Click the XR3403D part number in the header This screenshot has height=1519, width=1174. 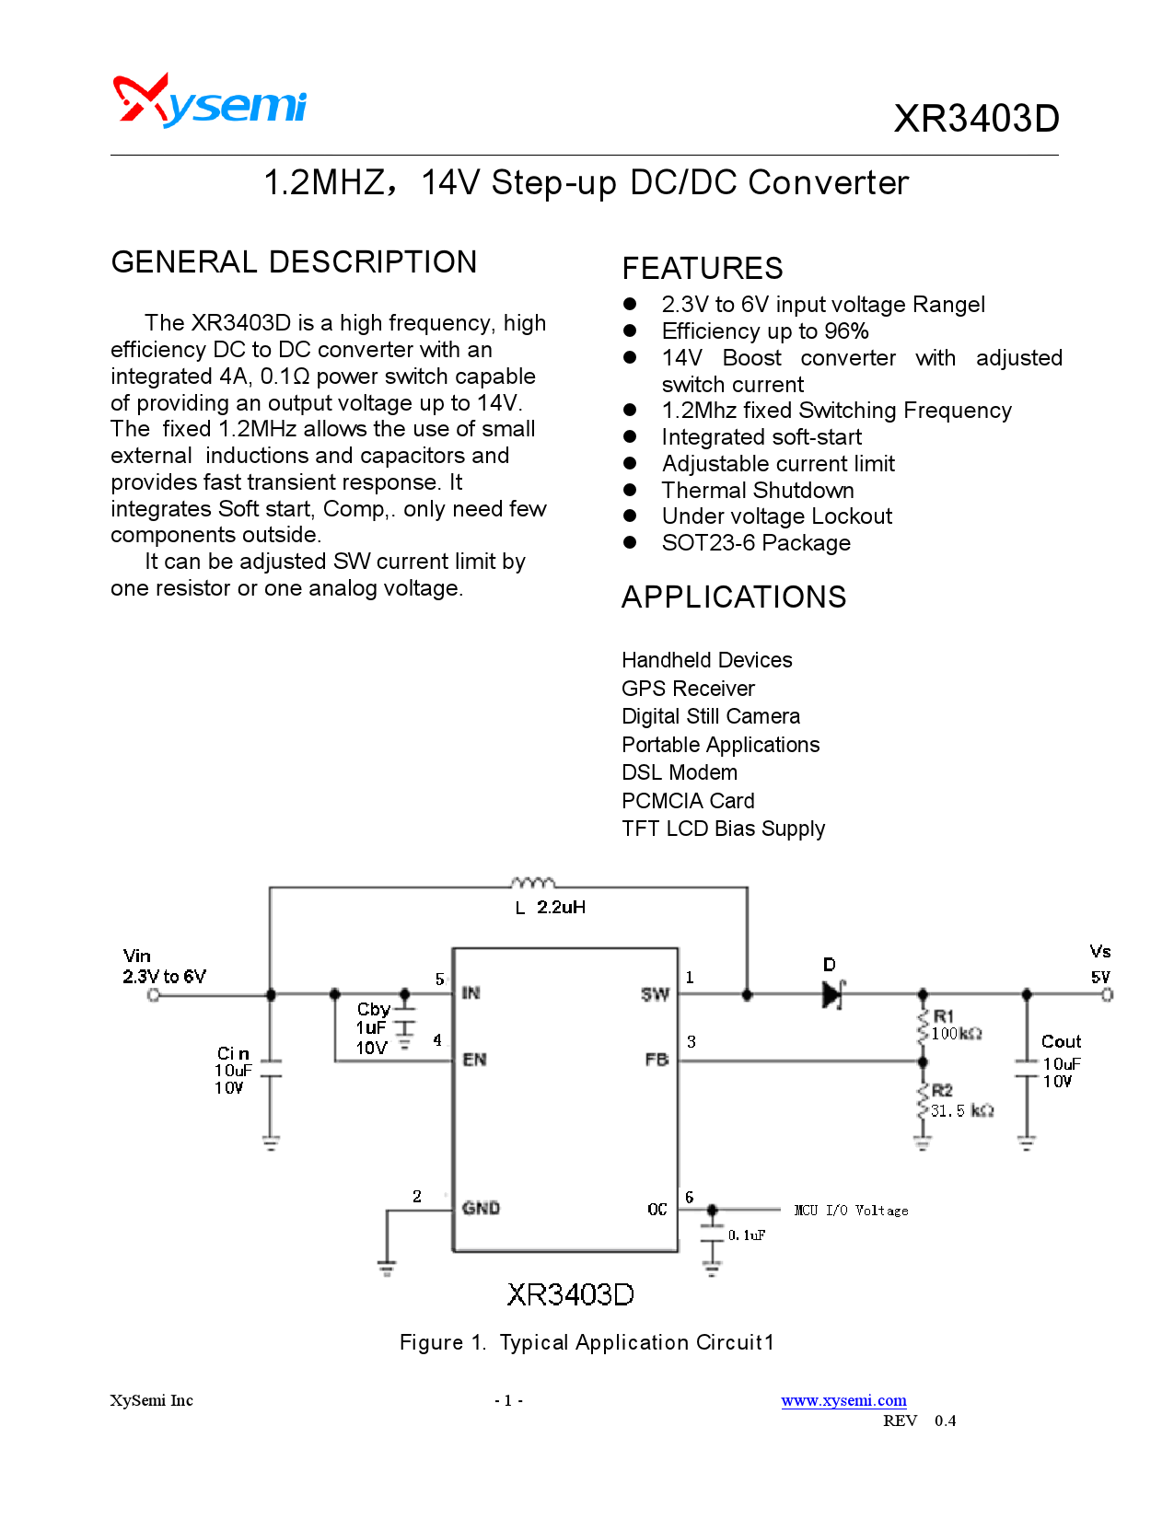(x=976, y=119)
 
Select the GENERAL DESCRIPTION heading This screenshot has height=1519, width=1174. (x=294, y=262)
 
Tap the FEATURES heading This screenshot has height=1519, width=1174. (x=703, y=269)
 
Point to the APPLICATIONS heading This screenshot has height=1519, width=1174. (x=734, y=597)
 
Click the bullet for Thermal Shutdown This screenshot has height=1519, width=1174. (x=631, y=490)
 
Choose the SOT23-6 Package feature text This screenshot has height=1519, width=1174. (x=756, y=543)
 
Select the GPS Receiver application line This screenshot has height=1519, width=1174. (x=688, y=689)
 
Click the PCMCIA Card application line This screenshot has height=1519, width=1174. (x=688, y=801)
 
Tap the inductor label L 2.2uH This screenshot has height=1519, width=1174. (x=551, y=908)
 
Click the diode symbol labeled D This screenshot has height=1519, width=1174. (x=832, y=993)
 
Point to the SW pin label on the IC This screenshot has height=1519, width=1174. (x=655, y=994)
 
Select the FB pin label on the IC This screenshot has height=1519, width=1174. (x=657, y=1060)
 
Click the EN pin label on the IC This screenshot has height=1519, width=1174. (x=474, y=1060)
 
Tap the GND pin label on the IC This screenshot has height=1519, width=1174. (x=481, y=1208)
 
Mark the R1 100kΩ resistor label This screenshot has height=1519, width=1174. (x=956, y=1026)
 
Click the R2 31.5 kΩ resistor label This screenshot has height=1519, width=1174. (x=960, y=1102)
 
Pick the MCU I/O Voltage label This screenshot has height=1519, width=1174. (x=851, y=1211)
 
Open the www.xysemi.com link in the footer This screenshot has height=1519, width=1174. (x=843, y=1400)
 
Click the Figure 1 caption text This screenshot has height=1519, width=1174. (x=587, y=1342)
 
